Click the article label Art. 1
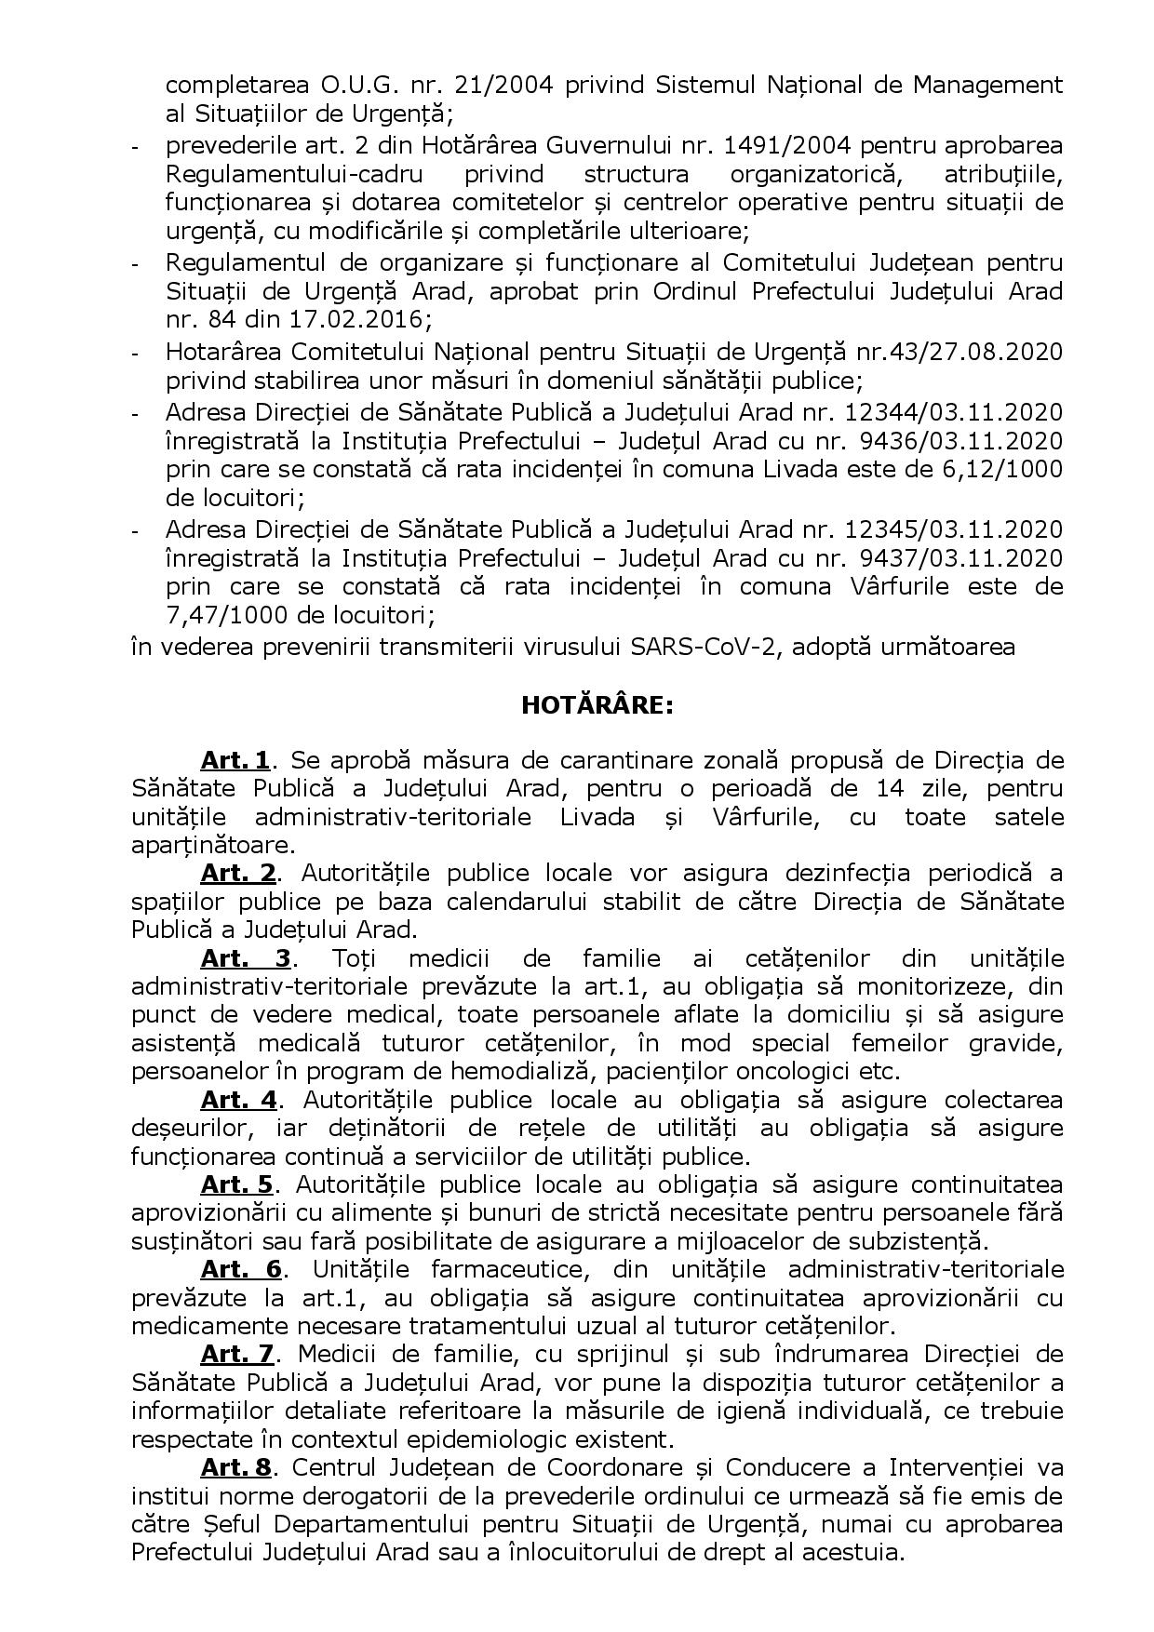pyautogui.click(x=235, y=760)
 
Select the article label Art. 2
pyautogui.click(x=238, y=874)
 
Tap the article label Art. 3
pyautogui.click(x=246, y=958)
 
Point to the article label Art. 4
pyautogui.click(x=238, y=1100)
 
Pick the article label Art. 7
pyautogui.click(x=237, y=1354)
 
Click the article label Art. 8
pyautogui.click(x=235, y=1467)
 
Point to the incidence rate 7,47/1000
pyautogui.click(x=221, y=615)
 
